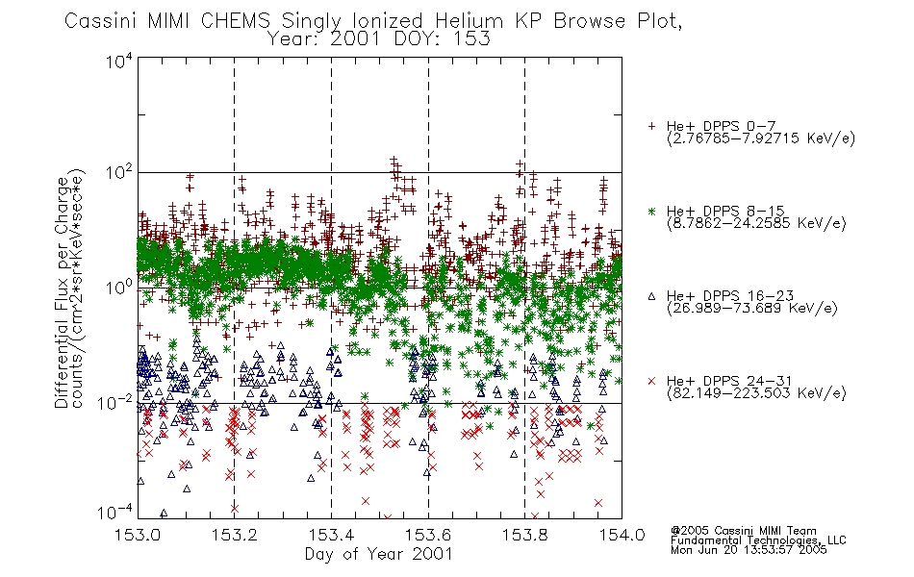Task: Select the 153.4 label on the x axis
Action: (x=332, y=536)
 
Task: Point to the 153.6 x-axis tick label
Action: (x=428, y=536)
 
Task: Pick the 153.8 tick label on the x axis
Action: (x=525, y=536)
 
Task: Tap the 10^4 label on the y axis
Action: (x=119, y=63)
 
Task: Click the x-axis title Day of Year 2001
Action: (x=378, y=554)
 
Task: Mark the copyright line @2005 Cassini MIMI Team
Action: (x=744, y=530)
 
